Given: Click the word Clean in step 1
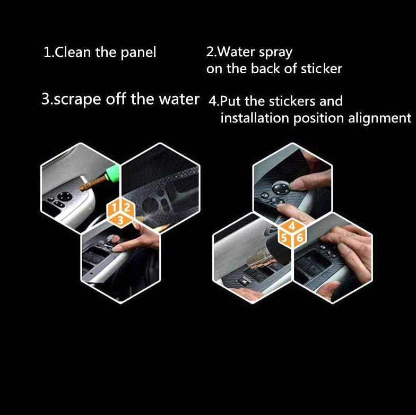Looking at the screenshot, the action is [x=73, y=52].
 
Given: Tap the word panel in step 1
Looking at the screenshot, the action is [x=138, y=53].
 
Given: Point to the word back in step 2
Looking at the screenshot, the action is [x=265, y=68].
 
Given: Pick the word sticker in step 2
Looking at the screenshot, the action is [x=322, y=68].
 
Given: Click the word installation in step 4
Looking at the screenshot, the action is [x=255, y=118].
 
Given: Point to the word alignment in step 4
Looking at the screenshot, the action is [x=380, y=118].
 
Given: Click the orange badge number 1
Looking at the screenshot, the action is [x=114, y=207].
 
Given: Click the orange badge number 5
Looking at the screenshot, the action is [x=284, y=238].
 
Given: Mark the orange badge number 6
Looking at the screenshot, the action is [x=299, y=238].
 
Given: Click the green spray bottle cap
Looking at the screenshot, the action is [x=112, y=173].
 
